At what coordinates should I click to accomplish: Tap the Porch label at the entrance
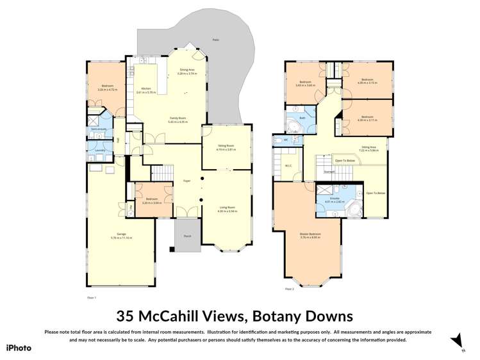(x=187, y=236)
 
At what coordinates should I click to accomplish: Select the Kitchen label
(x=145, y=88)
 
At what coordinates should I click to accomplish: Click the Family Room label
(x=178, y=118)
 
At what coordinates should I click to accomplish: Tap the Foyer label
(x=187, y=181)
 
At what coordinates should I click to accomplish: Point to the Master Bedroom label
(x=310, y=234)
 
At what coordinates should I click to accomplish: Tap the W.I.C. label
(x=288, y=166)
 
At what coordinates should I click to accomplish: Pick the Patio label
(x=216, y=39)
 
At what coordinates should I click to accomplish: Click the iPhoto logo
(x=19, y=347)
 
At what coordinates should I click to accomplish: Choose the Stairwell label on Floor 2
(x=329, y=172)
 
